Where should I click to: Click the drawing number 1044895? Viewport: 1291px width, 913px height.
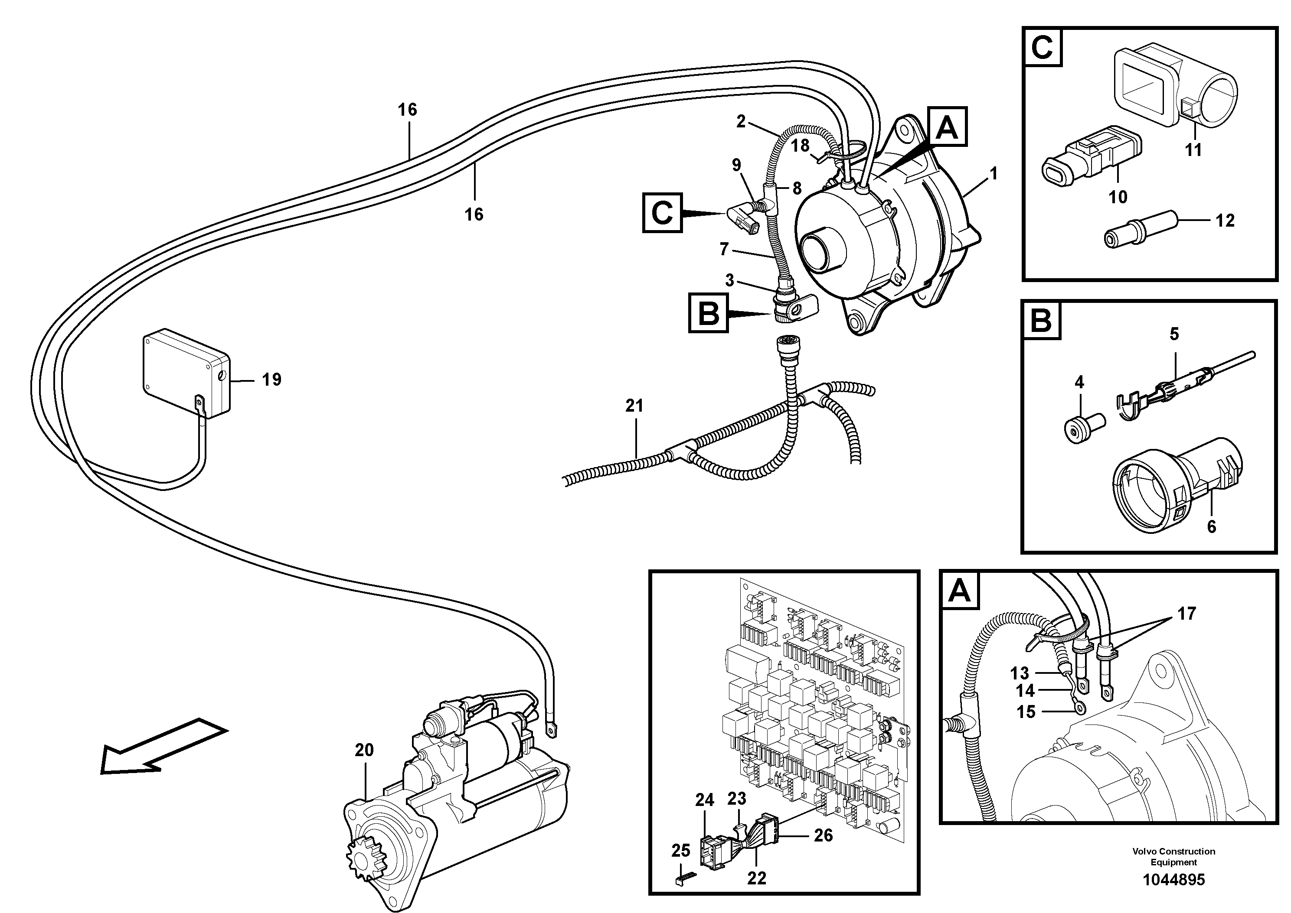pyautogui.click(x=1173, y=880)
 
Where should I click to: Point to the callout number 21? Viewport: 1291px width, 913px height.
pyautogui.click(x=634, y=406)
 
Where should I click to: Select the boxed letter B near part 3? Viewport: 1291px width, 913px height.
pyautogui.click(x=708, y=313)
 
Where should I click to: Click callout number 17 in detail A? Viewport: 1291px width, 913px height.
pyautogui.click(x=1186, y=614)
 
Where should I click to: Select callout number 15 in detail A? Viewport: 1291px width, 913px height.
pyautogui.click(x=1026, y=712)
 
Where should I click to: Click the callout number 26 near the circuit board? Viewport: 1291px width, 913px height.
pyautogui.click(x=823, y=835)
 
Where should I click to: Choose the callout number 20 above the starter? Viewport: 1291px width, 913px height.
pyautogui.click(x=364, y=751)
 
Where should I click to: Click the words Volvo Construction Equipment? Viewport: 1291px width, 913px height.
pyautogui.click(x=1173, y=857)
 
